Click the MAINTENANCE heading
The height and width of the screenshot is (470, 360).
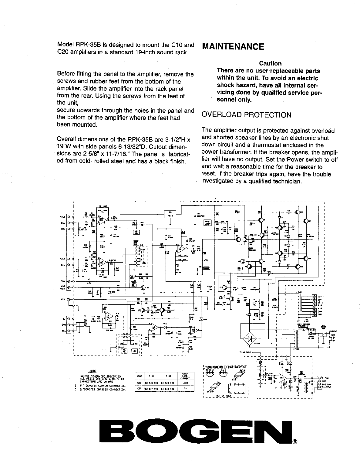coord(233,47)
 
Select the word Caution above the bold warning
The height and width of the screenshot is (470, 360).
coord(270,63)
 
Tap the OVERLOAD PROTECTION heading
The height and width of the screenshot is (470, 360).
coord(246,115)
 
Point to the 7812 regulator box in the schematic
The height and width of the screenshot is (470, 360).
coord(170,214)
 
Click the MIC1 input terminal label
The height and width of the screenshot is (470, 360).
coord(63,217)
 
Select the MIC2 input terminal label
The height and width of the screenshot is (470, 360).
coord(63,259)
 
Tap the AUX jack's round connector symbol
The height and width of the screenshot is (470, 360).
coord(69,299)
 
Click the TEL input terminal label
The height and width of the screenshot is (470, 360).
coord(63,319)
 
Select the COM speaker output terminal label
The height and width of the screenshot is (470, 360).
coord(320,311)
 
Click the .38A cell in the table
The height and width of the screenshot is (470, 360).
coord(185,383)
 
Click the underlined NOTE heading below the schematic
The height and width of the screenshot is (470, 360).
coord(92,371)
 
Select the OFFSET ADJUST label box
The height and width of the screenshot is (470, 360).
coord(207,223)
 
